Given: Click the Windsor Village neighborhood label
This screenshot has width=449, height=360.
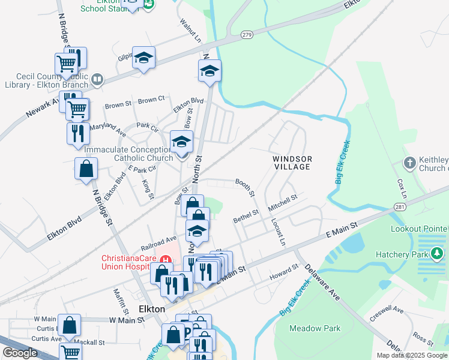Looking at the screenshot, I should [x=292, y=162].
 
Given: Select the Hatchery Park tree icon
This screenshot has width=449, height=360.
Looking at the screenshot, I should [x=438, y=254].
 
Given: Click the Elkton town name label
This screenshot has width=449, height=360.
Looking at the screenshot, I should [x=151, y=308].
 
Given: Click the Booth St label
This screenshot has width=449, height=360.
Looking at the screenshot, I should [x=245, y=187].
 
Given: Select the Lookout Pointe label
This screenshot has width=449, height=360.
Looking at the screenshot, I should [x=419, y=229].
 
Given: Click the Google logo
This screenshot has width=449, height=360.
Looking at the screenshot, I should [x=20, y=353].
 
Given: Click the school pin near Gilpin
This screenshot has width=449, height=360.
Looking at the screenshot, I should [x=143, y=58].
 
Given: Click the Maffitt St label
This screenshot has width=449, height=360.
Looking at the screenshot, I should [x=122, y=302].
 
